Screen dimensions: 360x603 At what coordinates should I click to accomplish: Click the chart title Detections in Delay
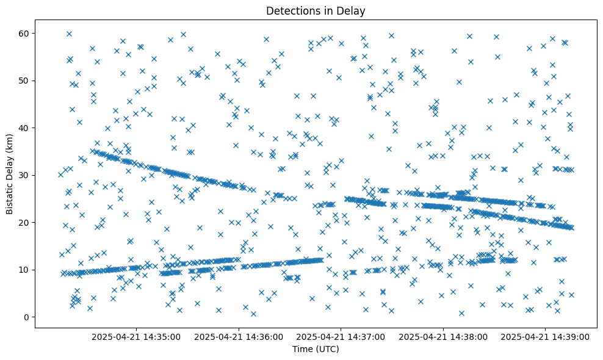click(316, 10)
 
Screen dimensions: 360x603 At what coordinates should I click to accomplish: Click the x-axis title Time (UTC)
click(316, 349)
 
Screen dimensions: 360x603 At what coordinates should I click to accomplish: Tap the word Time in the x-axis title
click(302, 349)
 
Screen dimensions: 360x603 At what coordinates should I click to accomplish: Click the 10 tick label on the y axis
click(25, 270)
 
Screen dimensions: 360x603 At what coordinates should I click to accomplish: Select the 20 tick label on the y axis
click(25, 223)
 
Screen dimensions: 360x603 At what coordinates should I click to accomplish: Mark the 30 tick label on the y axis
click(25, 175)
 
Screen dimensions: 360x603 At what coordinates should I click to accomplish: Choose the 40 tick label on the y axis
click(25, 128)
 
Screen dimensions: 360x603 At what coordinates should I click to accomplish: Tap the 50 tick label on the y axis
click(25, 81)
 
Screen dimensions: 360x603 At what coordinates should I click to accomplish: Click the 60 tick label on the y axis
click(25, 33)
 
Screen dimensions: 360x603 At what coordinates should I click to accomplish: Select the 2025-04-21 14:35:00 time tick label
click(136, 336)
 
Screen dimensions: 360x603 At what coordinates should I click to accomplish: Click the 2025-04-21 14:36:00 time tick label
click(239, 336)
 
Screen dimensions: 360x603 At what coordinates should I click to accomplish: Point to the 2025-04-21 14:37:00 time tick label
click(341, 336)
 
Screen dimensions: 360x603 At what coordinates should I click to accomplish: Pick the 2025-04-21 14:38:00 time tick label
click(443, 336)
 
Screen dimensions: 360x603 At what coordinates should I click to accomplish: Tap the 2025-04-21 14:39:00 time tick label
click(545, 336)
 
